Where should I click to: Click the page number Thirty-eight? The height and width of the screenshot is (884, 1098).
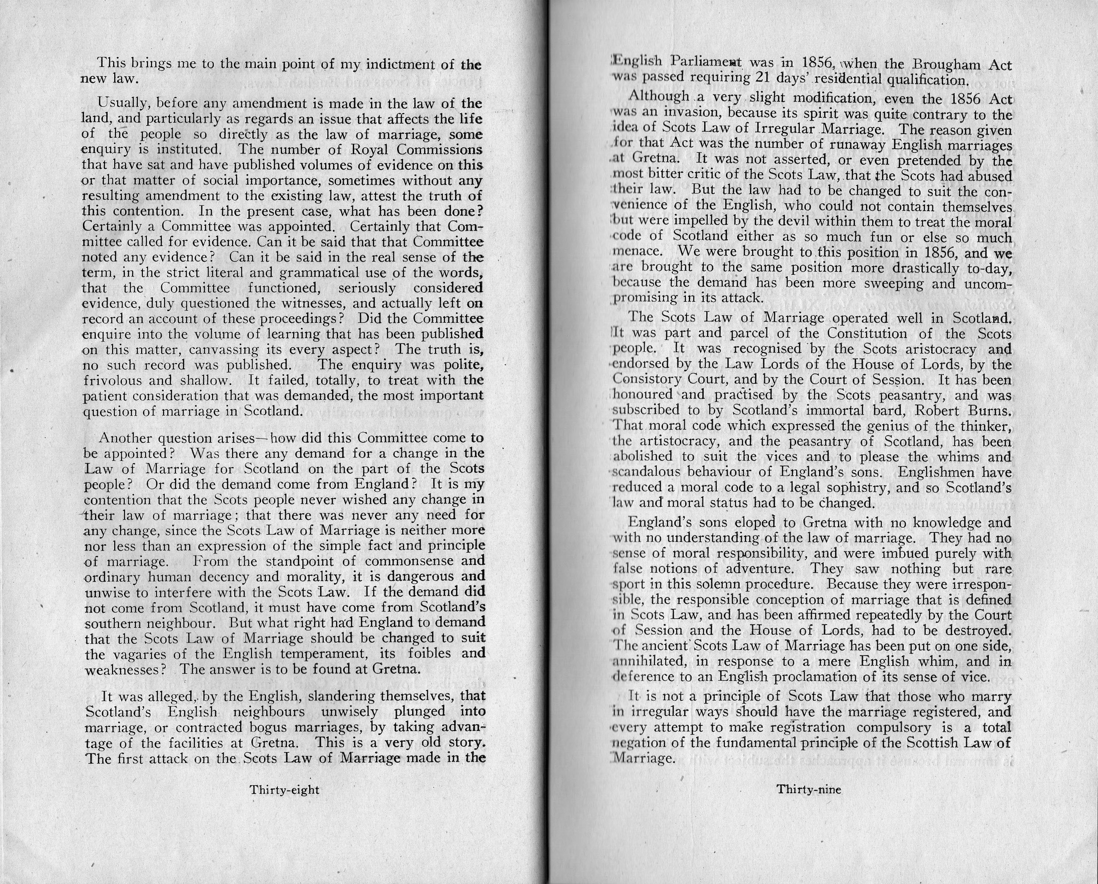pyautogui.click(x=284, y=790)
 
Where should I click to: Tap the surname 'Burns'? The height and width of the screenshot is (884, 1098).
pyautogui.click(x=990, y=410)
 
